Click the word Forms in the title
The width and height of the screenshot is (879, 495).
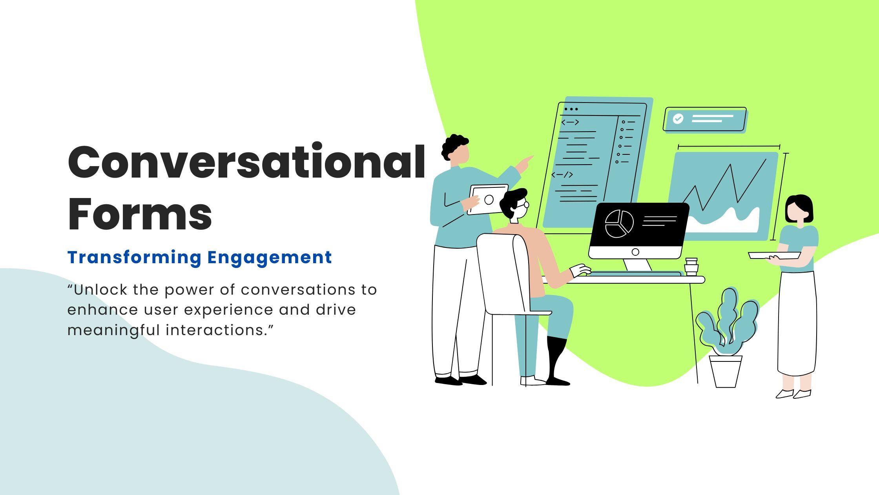[140, 215]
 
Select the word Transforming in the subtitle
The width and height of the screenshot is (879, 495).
[134, 257]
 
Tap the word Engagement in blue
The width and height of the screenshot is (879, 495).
[269, 257]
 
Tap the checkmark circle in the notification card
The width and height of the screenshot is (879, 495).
[678, 119]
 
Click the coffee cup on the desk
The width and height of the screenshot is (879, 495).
[691, 267]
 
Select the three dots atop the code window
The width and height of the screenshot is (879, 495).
[571, 109]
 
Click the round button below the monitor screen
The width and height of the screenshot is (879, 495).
[635, 252]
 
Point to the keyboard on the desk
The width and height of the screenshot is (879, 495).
[636, 274]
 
